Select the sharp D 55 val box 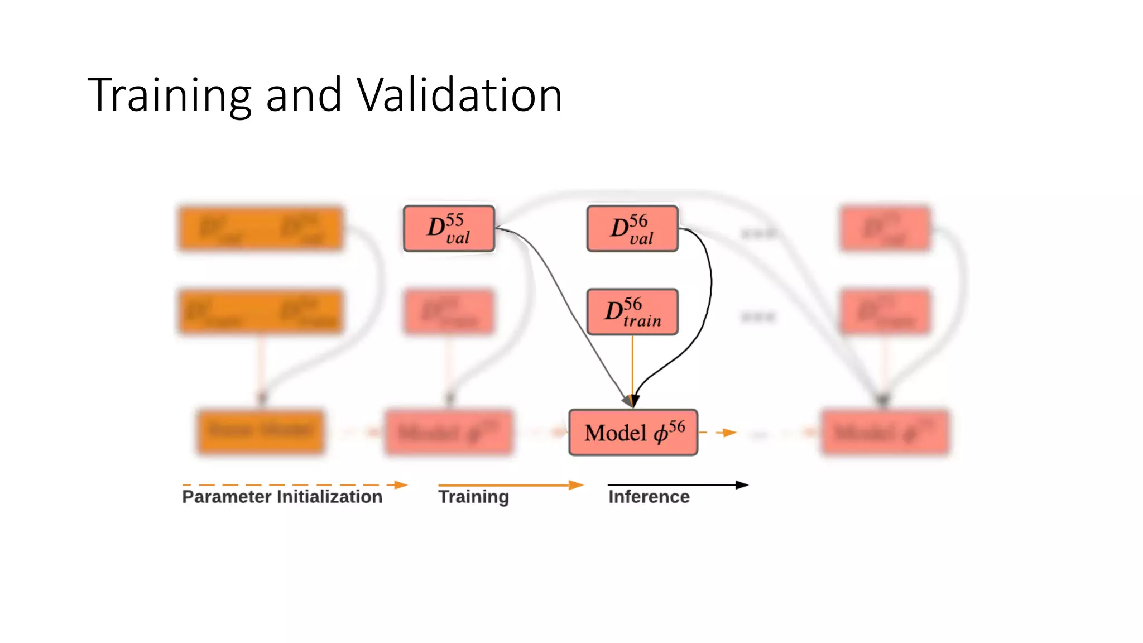(x=449, y=229)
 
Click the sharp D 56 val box (x=632, y=229)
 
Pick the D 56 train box (x=632, y=312)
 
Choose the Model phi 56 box (x=633, y=433)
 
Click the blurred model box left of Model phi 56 (x=449, y=433)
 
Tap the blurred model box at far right (x=885, y=433)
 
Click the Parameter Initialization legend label (x=282, y=497)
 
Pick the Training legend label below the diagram (x=473, y=497)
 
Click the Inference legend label (x=649, y=497)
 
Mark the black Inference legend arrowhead (x=742, y=485)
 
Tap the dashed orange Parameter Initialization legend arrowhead (x=401, y=485)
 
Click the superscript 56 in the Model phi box (x=677, y=427)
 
